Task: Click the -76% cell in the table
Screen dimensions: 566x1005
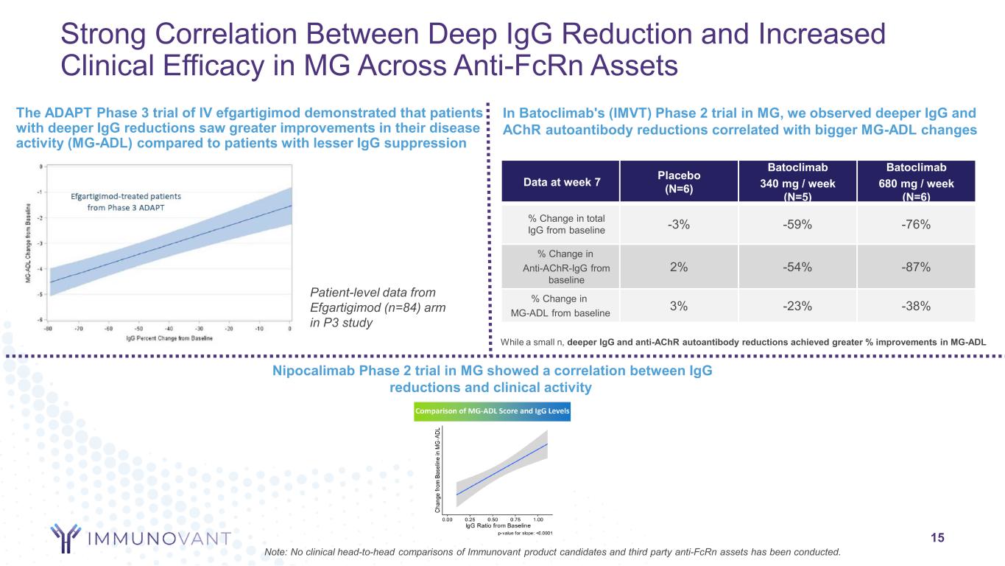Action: tap(915, 226)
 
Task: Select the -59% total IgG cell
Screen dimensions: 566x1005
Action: tap(797, 226)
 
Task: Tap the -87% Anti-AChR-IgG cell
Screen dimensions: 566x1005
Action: tap(915, 268)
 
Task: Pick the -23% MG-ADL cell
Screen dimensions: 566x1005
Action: tap(797, 307)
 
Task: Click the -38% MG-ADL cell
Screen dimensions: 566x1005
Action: tap(915, 307)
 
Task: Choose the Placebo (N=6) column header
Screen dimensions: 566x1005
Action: tap(679, 181)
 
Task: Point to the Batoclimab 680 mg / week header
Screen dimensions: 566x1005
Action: tap(915, 181)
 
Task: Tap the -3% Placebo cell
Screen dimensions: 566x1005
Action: tap(679, 226)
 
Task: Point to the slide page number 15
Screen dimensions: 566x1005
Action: tap(937, 538)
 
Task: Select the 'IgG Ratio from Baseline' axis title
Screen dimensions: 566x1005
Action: tap(493, 525)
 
